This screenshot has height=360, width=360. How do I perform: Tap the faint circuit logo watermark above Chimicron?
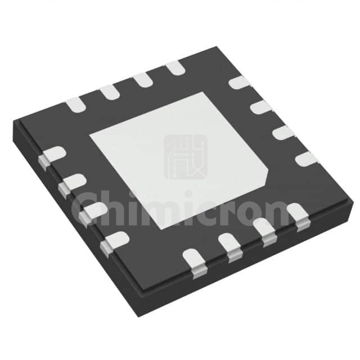(186, 157)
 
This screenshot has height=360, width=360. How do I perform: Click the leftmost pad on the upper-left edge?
(75, 105)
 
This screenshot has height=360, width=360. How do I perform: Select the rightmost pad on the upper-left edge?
(175, 67)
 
